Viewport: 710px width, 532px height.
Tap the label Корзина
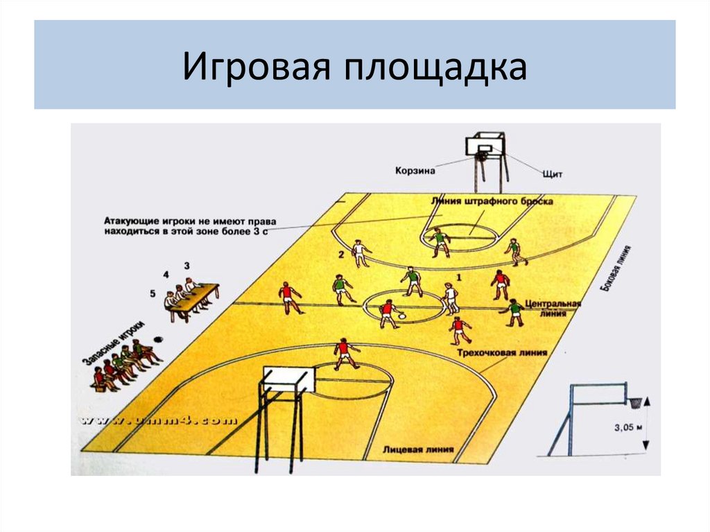click(415, 169)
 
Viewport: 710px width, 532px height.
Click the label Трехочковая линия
click(501, 353)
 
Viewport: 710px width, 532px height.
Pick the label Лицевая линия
click(418, 449)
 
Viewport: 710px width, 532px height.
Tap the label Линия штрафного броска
click(492, 201)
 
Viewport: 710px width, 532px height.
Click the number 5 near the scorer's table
click(153, 293)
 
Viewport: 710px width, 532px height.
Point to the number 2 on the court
click(340, 255)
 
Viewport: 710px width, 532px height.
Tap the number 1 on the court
click(458, 277)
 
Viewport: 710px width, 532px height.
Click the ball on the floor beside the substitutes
click(159, 340)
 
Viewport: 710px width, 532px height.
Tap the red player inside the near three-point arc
click(343, 353)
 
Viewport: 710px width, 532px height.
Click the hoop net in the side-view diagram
click(634, 402)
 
